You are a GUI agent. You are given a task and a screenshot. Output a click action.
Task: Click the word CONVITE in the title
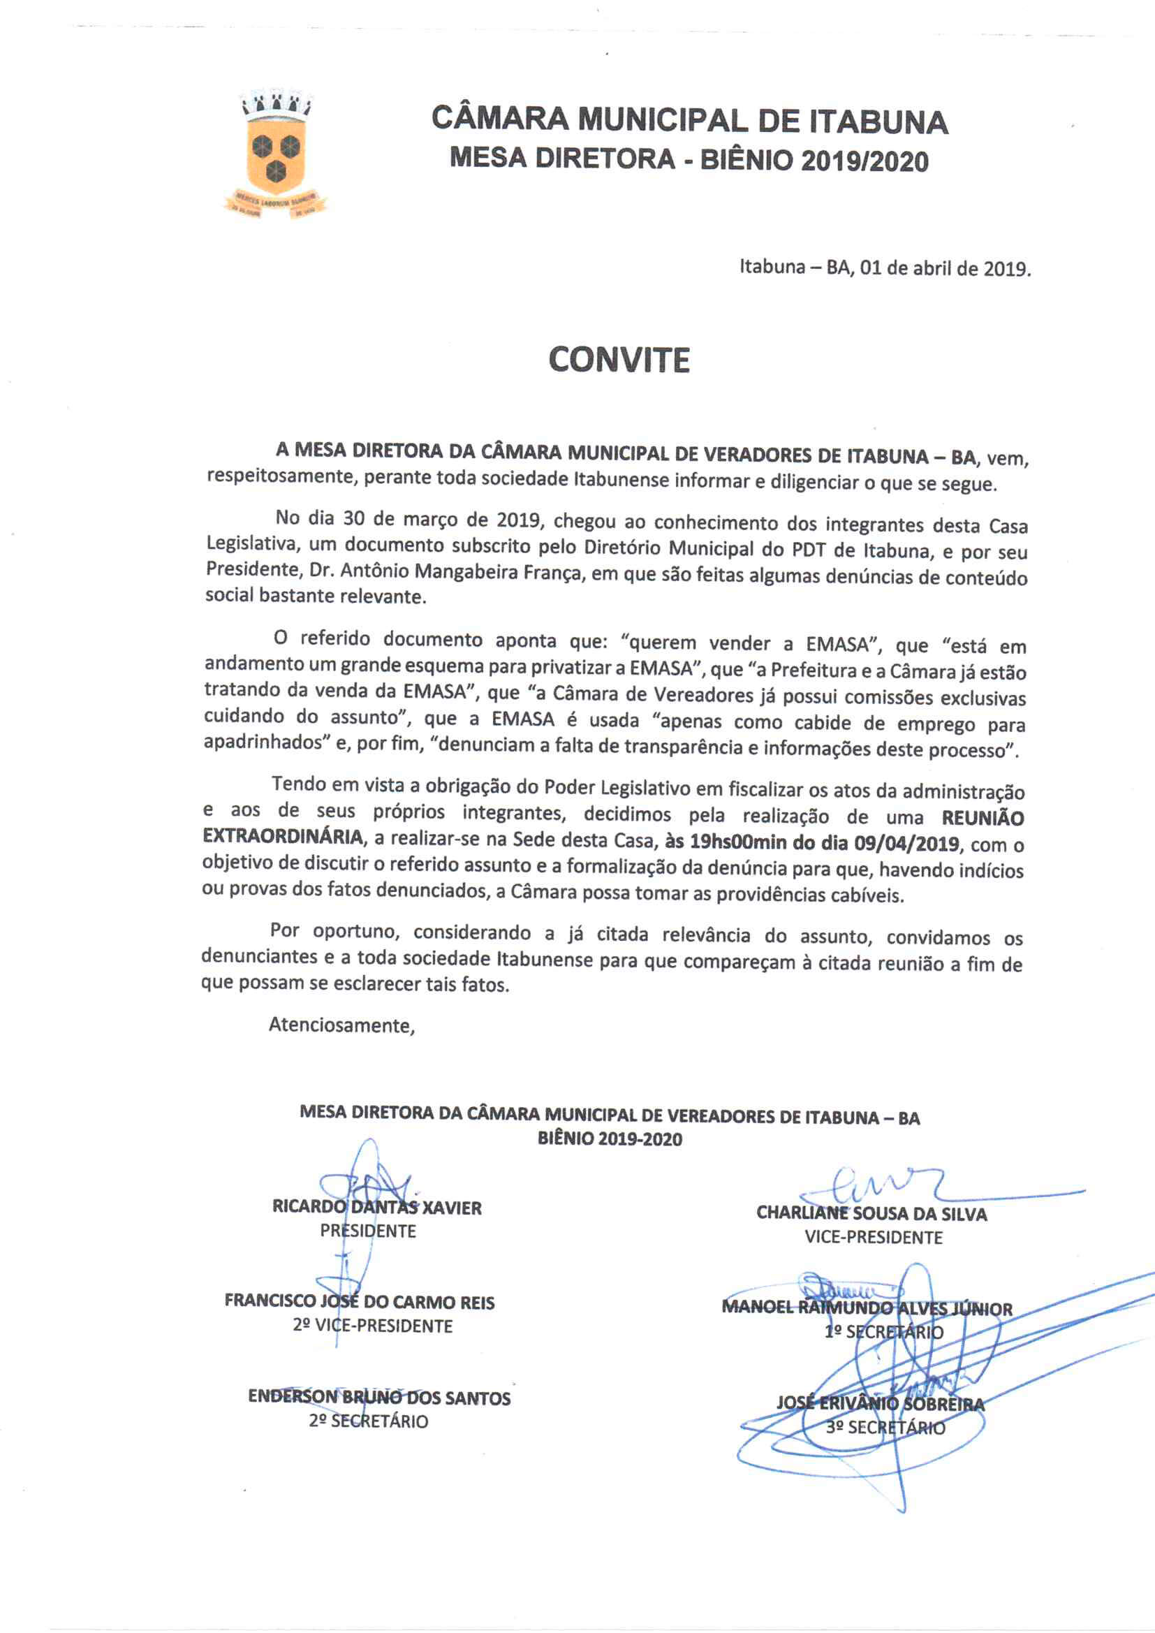[x=619, y=360]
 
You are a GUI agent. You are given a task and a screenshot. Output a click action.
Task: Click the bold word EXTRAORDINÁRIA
[x=283, y=837]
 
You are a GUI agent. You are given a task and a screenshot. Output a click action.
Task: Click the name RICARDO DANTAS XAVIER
[x=377, y=1208]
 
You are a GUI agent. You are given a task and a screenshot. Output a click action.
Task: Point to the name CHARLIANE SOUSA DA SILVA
[x=871, y=1213]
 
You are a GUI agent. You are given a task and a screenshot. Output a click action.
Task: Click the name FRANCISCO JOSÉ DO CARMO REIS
[x=359, y=1301]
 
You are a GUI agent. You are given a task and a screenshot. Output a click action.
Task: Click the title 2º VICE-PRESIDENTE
[x=372, y=1326]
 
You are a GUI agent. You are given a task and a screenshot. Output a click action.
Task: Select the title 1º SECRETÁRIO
[x=883, y=1332]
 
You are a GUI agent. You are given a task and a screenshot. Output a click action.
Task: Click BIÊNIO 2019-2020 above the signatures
[x=610, y=1138]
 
